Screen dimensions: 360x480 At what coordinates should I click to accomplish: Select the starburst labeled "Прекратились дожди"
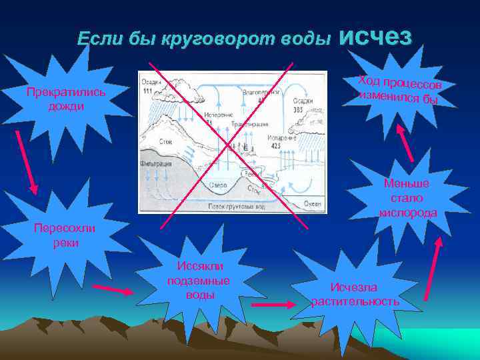pyautogui.click(x=65, y=99)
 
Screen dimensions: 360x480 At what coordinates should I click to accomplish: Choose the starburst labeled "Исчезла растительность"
pyautogui.click(x=356, y=294)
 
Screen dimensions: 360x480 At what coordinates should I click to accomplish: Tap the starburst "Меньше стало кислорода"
pyautogui.click(x=407, y=198)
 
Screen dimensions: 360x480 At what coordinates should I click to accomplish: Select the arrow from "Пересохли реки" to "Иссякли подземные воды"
pyautogui.click(x=113, y=290)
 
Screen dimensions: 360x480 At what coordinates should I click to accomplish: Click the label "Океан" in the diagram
pyautogui.click(x=312, y=203)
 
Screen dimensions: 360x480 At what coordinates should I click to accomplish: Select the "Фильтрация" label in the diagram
pyautogui.click(x=154, y=163)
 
